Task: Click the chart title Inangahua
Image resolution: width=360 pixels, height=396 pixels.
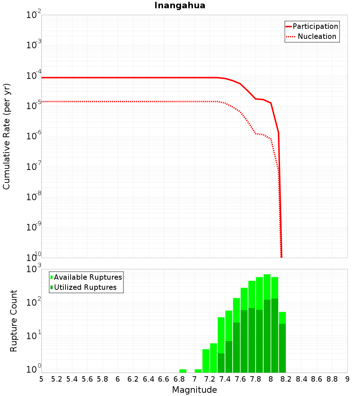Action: [x=180, y=6]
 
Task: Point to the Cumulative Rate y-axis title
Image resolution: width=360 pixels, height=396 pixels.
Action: [x=6, y=136]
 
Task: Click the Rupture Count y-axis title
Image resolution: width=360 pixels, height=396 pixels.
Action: [x=14, y=321]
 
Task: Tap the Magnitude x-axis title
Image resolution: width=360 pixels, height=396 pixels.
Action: [x=194, y=390]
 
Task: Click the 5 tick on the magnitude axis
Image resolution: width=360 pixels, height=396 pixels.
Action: [x=41, y=379]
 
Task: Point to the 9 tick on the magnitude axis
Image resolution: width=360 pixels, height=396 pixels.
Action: [x=347, y=379]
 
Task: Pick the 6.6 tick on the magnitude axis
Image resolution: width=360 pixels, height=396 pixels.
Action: [x=163, y=379]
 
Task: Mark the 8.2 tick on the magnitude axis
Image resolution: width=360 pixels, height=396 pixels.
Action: [x=286, y=379]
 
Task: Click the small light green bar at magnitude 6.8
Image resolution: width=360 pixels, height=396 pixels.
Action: [x=183, y=371]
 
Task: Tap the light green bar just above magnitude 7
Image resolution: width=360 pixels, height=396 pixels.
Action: [x=198, y=371]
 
